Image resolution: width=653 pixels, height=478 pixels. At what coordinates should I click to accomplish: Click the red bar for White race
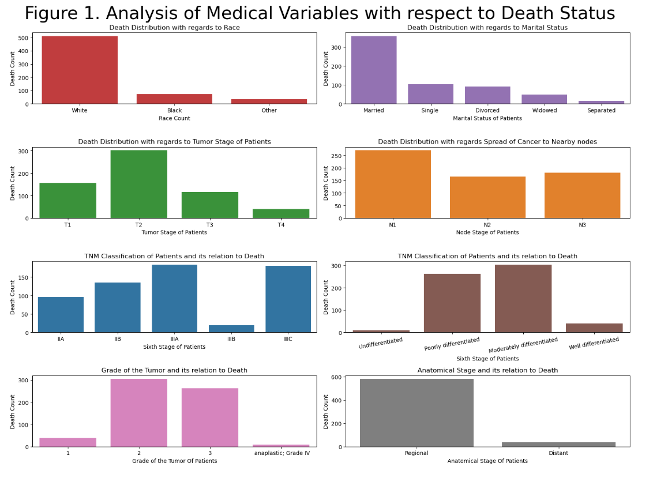(80, 70)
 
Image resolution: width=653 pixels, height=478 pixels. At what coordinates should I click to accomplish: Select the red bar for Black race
(174, 99)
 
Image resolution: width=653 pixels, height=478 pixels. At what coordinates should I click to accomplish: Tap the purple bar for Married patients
(374, 70)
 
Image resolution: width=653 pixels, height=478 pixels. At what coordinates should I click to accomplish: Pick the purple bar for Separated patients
(601, 102)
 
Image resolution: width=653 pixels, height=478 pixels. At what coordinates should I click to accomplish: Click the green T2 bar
(139, 184)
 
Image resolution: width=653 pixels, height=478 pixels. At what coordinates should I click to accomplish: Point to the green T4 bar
(281, 213)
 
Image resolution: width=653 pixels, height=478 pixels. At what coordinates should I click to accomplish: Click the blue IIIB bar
(231, 329)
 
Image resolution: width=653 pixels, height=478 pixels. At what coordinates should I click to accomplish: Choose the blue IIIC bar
(288, 299)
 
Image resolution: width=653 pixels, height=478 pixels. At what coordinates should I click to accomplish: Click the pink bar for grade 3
(210, 417)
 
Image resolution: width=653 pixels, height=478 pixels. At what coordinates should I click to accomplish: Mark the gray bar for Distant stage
(558, 444)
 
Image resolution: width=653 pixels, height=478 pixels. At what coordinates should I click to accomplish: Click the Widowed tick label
(545, 110)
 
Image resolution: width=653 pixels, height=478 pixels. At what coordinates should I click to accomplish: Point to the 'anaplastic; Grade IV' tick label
(282, 453)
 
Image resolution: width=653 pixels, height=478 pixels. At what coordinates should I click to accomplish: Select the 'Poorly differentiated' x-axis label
(452, 344)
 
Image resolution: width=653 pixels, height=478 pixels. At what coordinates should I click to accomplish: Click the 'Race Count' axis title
(174, 118)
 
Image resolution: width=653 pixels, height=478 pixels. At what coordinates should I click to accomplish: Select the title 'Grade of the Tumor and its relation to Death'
(174, 370)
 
